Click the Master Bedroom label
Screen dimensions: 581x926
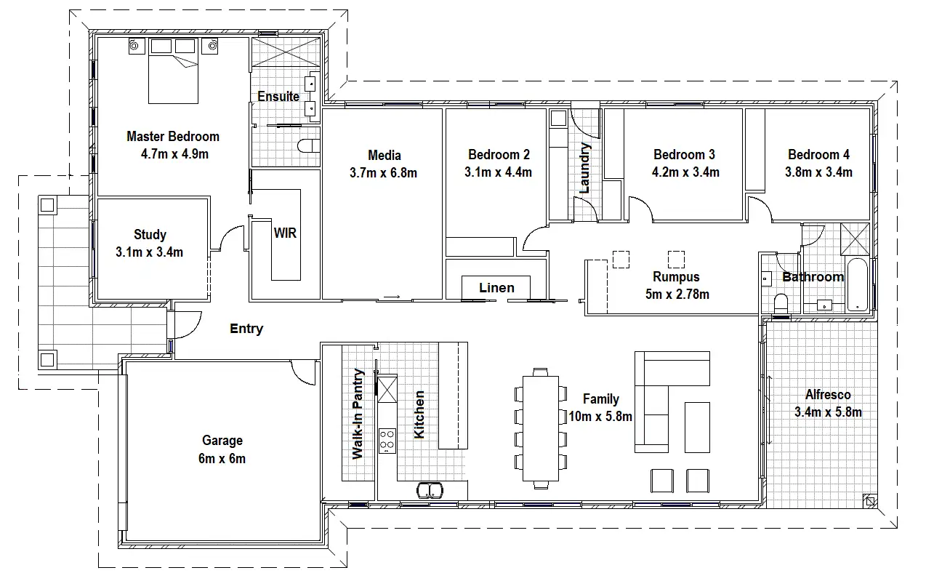[172, 136]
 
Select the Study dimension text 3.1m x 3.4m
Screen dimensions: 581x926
[149, 252]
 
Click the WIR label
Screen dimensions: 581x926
[284, 233]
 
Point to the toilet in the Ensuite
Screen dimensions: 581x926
[310, 146]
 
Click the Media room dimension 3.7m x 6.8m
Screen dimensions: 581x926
[384, 172]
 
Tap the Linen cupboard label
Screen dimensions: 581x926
[496, 287]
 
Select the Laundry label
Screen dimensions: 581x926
[586, 168]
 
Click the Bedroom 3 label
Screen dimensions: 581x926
[684, 154]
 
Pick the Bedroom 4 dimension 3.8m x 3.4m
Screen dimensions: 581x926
[818, 172]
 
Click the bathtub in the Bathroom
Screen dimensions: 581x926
[858, 283]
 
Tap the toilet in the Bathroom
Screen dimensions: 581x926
[781, 303]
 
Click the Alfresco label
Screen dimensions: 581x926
[828, 395]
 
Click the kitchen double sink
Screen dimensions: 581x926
[430, 489]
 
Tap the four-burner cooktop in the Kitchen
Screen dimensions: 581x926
[387, 441]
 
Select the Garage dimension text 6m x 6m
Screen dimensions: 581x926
[222, 458]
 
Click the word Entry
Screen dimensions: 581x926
[246, 329]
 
